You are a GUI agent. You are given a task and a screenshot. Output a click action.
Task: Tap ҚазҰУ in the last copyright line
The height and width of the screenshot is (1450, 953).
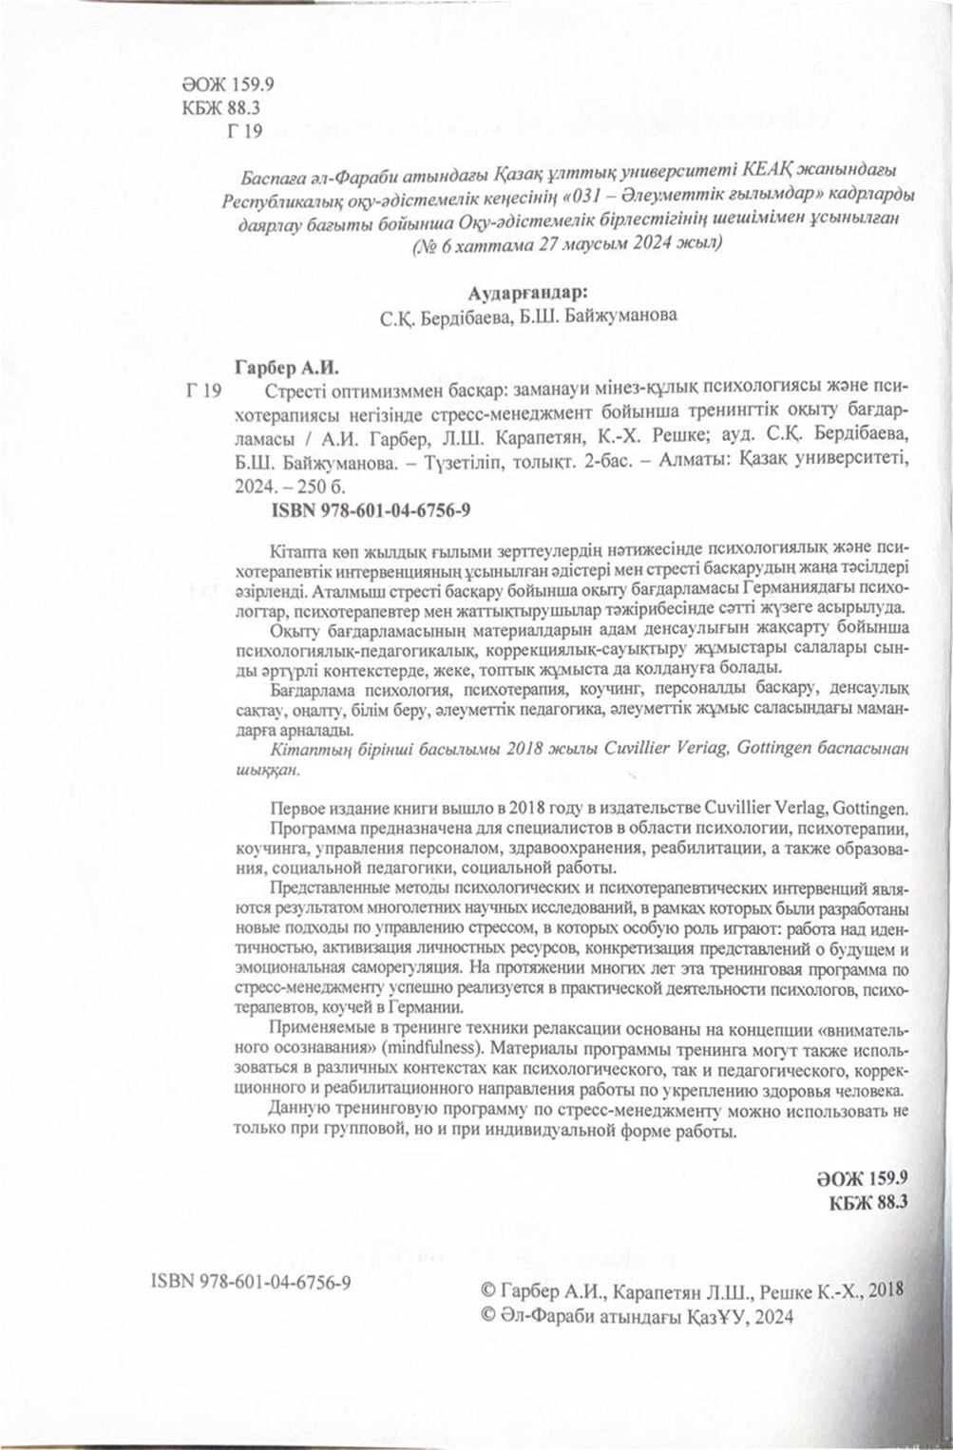[x=709, y=1317]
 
